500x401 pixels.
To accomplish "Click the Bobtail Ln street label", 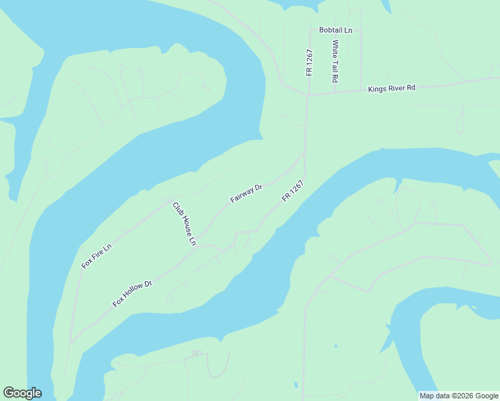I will click(x=336, y=30).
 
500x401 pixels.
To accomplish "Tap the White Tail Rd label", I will click(x=336, y=61).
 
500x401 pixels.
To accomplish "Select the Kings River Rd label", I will click(x=392, y=88).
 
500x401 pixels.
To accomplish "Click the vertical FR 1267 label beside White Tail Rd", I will click(x=309, y=62).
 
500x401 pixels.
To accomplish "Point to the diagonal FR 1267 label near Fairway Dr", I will click(x=293, y=191).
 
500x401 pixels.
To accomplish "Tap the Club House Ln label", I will click(x=184, y=223).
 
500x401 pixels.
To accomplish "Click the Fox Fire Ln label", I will click(x=97, y=257).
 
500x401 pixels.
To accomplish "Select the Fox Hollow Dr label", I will click(x=132, y=293).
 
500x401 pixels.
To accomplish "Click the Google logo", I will click(x=22, y=393).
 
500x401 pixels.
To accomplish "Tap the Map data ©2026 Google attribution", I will click(x=459, y=396).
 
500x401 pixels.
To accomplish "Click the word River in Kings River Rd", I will click(x=394, y=88).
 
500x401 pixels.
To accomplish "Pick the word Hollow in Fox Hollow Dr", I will click(x=133, y=293).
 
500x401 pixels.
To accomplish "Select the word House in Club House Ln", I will click(x=184, y=224).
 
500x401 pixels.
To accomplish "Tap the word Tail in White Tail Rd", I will click(x=336, y=62).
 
